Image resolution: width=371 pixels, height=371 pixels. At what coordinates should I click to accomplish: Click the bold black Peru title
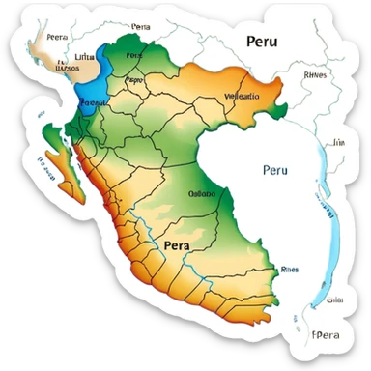pyautogui.click(x=267, y=42)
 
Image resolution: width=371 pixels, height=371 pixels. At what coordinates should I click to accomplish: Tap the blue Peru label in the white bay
pyautogui.click(x=275, y=170)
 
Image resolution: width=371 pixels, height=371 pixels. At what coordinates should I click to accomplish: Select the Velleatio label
pyautogui.click(x=243, y=97)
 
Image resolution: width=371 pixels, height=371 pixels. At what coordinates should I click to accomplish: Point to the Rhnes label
pyautogui.click(x=315, y=73)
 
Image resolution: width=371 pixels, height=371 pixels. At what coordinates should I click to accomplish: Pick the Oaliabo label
pyautogui.click(x=201, y=192)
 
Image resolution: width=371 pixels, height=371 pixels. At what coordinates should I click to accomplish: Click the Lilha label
pyautogui.click(x=85, y=58)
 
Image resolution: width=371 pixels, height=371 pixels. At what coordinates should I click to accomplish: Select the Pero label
pyautogui.click(x=135, y=81)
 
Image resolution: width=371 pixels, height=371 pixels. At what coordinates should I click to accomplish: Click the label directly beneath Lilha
pyautogui.click(x=68, y=69)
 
